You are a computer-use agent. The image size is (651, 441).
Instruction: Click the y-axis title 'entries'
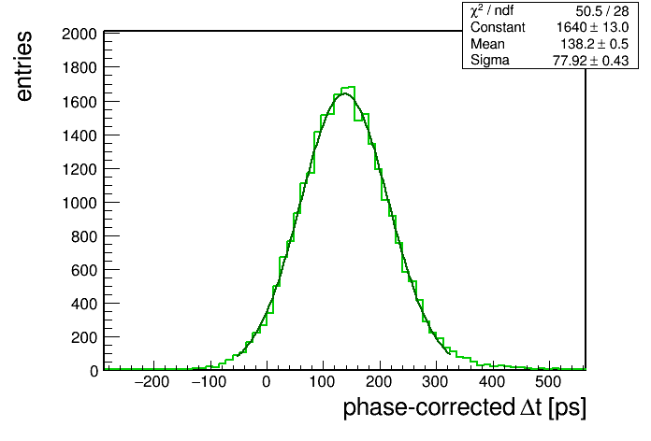[x=24, y=66]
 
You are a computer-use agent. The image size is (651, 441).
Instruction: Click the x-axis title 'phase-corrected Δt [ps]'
[x=465, y=407]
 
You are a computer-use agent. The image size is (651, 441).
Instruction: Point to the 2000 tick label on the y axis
[x=79, y=34]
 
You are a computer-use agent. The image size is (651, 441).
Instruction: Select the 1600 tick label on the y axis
[x=79, y=102]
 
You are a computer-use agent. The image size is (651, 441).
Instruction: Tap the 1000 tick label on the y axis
[x=79, y=203]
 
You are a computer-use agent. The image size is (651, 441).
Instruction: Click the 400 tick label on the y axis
[x=84, y=304]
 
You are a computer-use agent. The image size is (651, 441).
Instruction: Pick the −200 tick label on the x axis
[x=152, y=382]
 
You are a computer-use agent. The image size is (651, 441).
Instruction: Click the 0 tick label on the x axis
[x=267, y=382]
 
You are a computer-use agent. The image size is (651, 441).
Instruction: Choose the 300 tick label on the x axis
[x=435, y=382]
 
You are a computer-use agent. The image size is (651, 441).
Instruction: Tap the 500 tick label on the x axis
[x=548, y=382]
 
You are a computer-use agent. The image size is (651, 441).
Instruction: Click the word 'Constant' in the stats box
[x=498, y=27]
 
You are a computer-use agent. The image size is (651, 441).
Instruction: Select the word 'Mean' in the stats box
[x=487, y=44]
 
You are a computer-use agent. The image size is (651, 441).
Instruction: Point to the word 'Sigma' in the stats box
[x=490, y=61]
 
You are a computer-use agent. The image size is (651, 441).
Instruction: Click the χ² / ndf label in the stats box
[x=492, y=10]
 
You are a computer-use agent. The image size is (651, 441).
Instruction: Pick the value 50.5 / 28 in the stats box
[x=602, y=11]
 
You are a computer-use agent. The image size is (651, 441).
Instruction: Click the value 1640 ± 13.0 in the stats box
[x=592, y=27]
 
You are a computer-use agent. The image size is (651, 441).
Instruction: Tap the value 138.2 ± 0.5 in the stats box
[x=595, y=44]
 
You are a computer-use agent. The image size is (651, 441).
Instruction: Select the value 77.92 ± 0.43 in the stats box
[x=590, y=61]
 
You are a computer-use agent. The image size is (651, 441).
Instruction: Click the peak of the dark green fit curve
[x=345, y=93]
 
